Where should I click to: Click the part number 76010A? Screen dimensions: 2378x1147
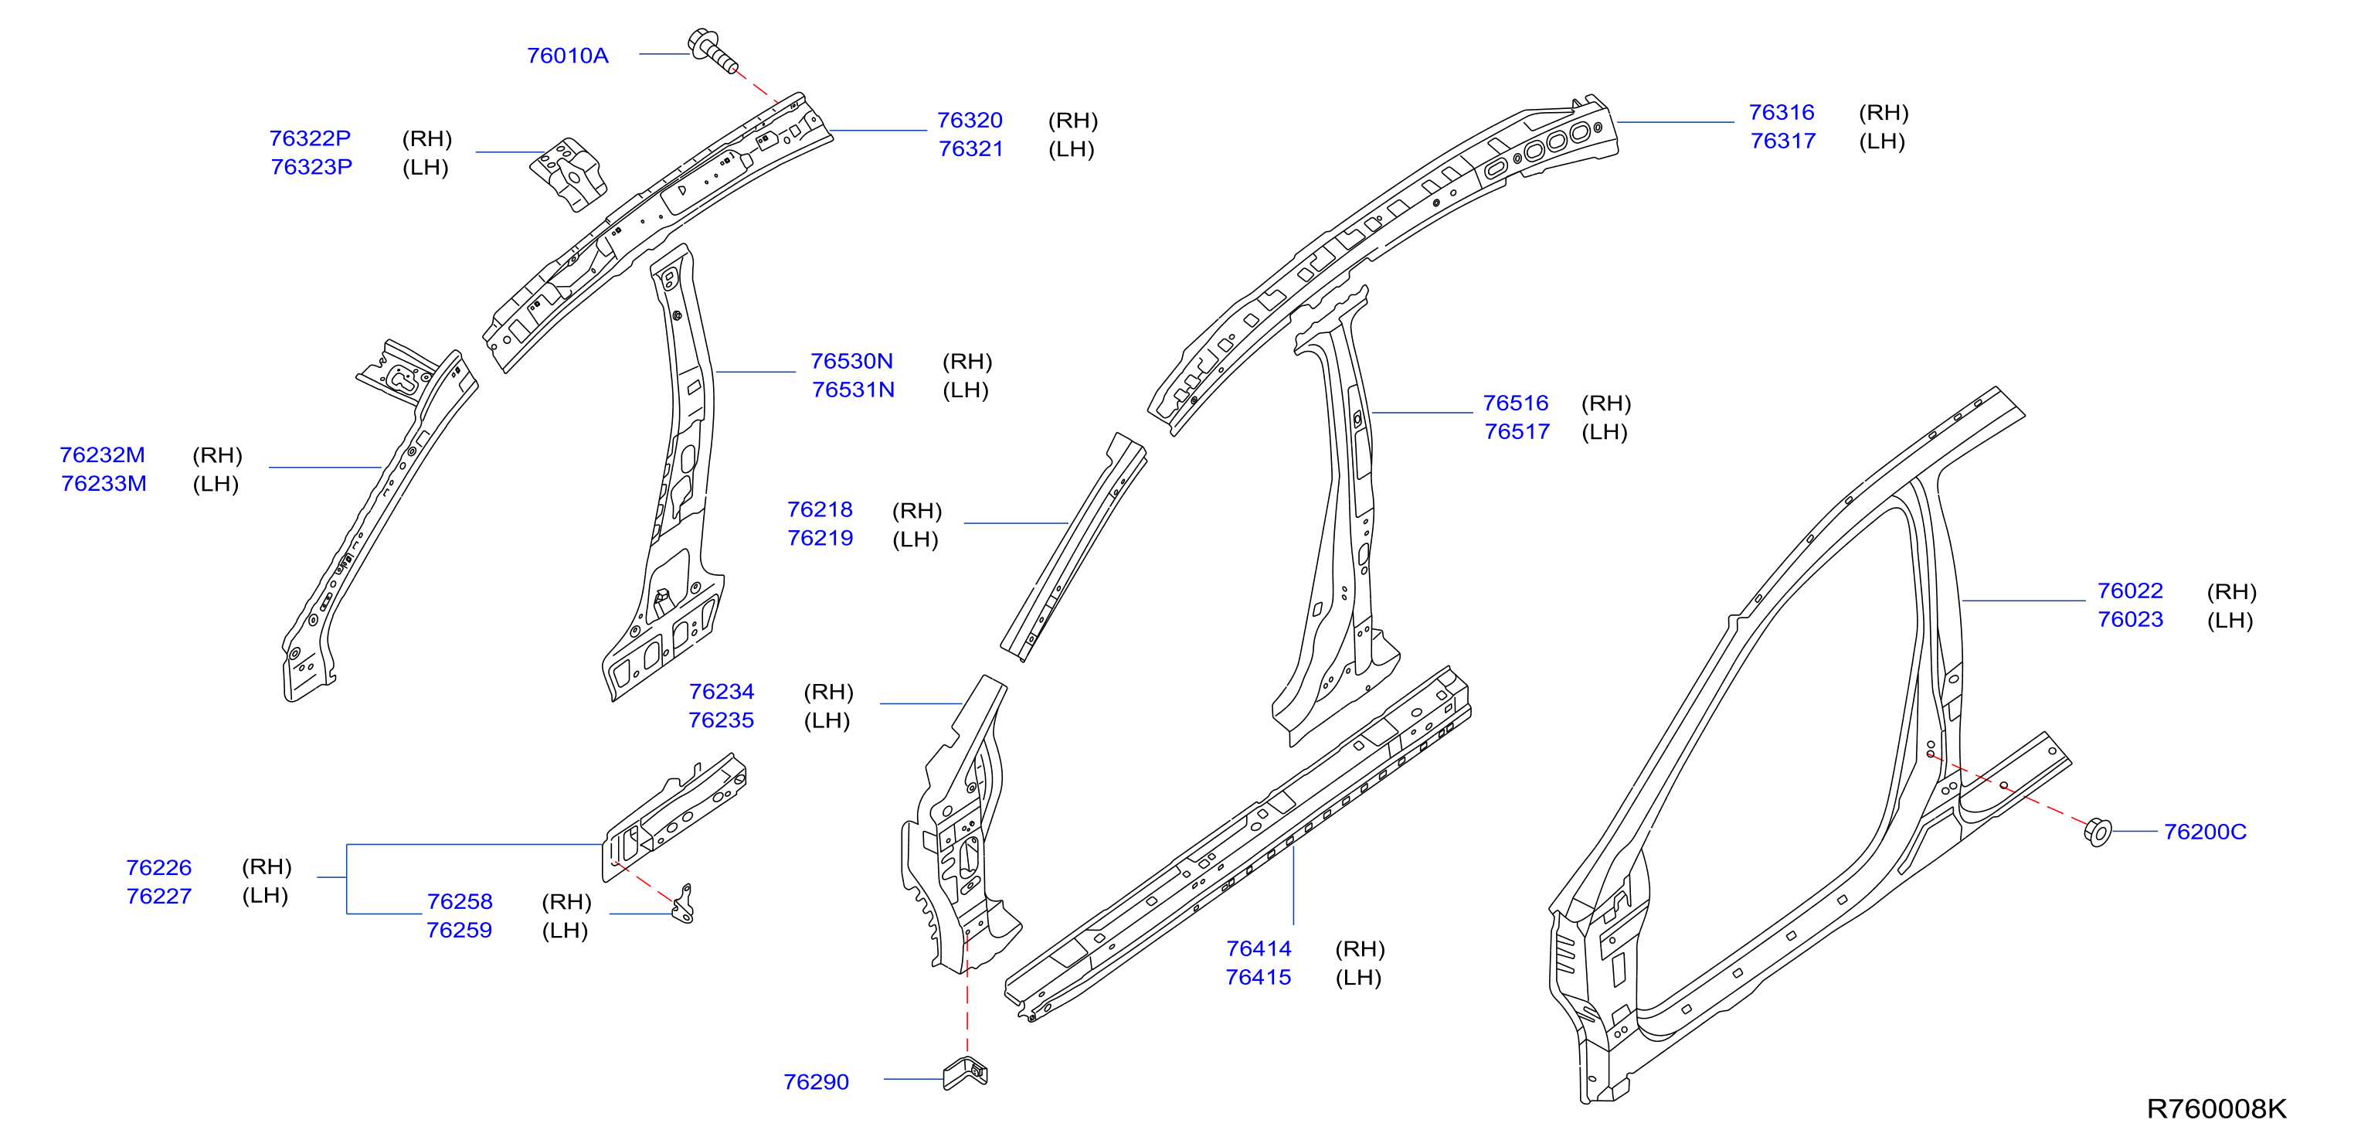[567, 56]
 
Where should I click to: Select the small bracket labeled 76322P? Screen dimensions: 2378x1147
[569, 174]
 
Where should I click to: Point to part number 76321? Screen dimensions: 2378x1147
[970, 148]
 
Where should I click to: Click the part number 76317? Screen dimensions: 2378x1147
[1782, 141]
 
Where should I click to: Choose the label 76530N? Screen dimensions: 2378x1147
[851, 361]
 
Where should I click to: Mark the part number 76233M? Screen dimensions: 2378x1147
[104, 484]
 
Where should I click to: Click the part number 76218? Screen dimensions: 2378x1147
[820, 510]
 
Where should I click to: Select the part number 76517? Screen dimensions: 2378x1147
[1517, 432]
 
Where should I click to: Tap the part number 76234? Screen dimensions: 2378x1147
[721, 692]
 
